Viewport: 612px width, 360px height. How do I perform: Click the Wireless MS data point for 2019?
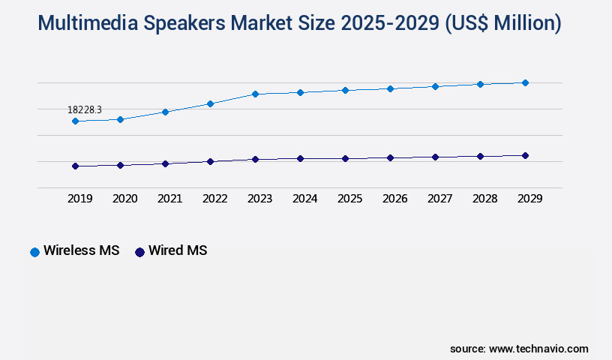pyautogui.click(x=75, y=121)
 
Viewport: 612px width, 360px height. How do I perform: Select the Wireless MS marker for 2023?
pyautogui.click(x=255, y=94)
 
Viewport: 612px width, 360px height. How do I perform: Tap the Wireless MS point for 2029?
pyautogui.click(x=525, y=82)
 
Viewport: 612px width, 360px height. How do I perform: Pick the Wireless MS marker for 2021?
pyautogui.click(x=165, y=112)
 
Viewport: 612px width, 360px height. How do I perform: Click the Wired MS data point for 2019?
pyautogui.click(x=75, y=166)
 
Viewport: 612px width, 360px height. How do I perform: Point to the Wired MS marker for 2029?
pyautogui.click(x=525, y=155)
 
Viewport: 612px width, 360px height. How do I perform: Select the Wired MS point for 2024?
pyautogui.click(x=300, y=158)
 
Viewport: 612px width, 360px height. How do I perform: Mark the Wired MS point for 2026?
pyautogui.click(x=390, y=157)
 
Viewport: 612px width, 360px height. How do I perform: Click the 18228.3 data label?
pyautogui.click(x=85, y=109)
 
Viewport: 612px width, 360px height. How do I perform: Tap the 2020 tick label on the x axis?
pyautogui.click(x=124, y=199)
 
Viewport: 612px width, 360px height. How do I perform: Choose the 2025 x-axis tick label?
pyautogui.click(x=349, y=199)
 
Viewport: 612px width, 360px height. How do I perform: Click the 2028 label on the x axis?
pyautogui.click(x=484, y=199)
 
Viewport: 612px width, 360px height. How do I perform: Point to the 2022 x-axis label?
pyautogui.click(x=214, y=199)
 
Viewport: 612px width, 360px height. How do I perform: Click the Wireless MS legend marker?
pyautogui.click(x=34, y=252)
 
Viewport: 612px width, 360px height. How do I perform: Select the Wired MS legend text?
pyautogui.click(x=178, y=251)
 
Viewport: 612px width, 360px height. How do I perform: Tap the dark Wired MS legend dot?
pyautogui.click(x=139, y=252)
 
